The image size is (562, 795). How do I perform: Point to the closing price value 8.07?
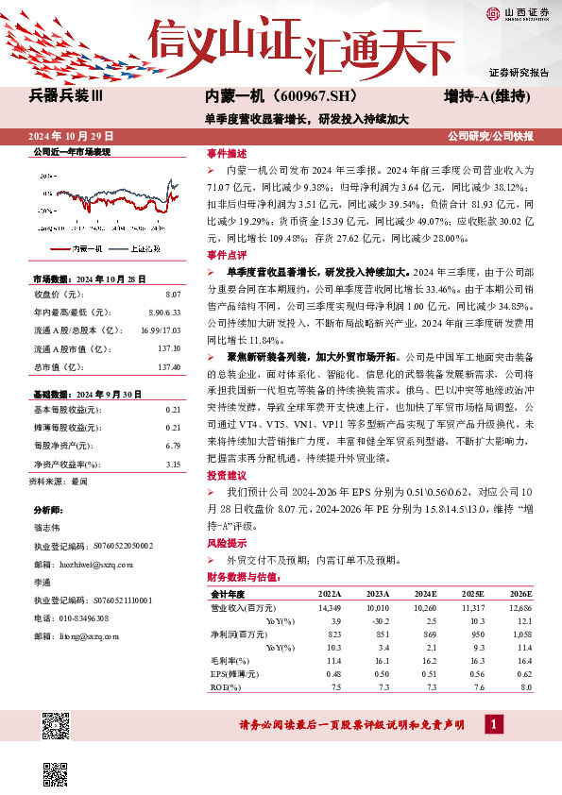click(172, 295)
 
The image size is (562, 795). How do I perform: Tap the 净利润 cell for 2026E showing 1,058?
click(521, 634)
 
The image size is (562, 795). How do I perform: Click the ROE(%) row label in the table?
click(227, 687)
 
